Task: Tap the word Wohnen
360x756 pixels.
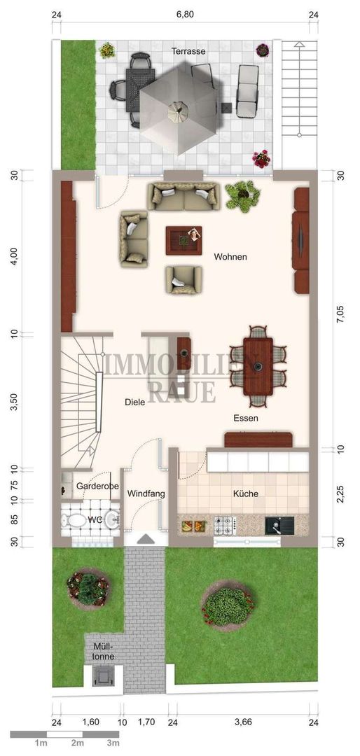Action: pos(230,257)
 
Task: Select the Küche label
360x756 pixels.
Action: pos(245,493)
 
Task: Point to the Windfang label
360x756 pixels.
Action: pos(146,493)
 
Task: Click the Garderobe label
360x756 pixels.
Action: pos(97,486)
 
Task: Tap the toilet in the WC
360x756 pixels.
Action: pos(73,521)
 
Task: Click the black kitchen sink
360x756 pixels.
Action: pos(279,525)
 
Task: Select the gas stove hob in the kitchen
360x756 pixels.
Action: pos(224,524)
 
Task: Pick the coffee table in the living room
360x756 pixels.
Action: pos(184,241)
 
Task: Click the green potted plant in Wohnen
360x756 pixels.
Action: pos(243,195)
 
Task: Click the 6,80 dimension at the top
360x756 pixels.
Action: pos(185,15)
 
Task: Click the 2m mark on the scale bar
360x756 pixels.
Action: pos(78,743)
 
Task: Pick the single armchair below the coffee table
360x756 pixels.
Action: pos(184,279)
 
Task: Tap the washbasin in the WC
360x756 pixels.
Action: pos(113,519)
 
